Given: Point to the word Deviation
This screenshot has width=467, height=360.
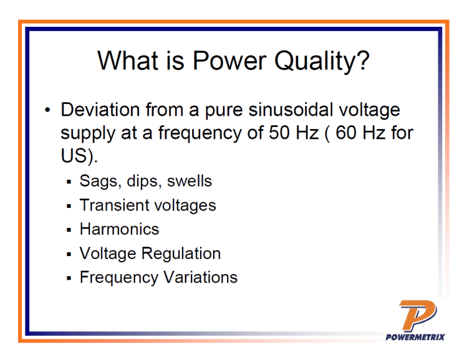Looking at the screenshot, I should [100, 110].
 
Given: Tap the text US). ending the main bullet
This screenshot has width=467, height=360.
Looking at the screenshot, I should [79, 156].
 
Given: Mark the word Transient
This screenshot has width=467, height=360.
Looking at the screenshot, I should [113, 205].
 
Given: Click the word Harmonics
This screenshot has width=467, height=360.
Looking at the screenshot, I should [119, 229].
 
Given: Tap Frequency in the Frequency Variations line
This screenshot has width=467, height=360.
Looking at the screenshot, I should [118, 277].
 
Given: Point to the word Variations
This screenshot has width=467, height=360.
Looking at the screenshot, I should [200, 277].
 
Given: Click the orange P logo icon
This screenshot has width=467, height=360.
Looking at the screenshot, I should [416, 315].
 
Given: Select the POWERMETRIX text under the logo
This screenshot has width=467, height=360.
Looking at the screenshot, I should [415, 337].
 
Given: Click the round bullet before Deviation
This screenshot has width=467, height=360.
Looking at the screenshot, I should [48, 111].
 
